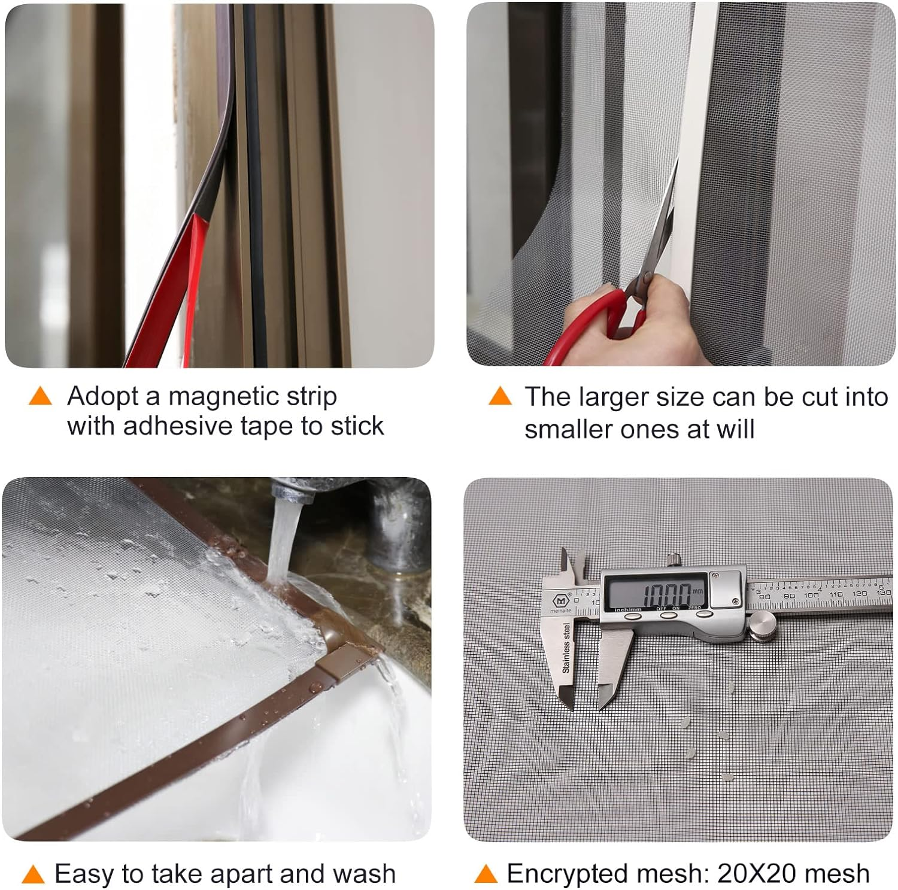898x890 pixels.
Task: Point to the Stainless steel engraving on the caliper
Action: click(x=566, y=647)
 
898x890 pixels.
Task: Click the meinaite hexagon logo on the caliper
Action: click(x=562, y=599)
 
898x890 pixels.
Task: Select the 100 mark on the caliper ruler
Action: click(x=811, y=595)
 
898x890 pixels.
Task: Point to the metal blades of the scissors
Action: click(x=664, y=221)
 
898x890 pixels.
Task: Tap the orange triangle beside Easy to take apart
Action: click(x=34, y=875)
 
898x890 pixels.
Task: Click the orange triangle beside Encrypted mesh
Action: click(x=486, y=875)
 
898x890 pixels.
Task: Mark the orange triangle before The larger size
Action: click(x=500, y=396)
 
